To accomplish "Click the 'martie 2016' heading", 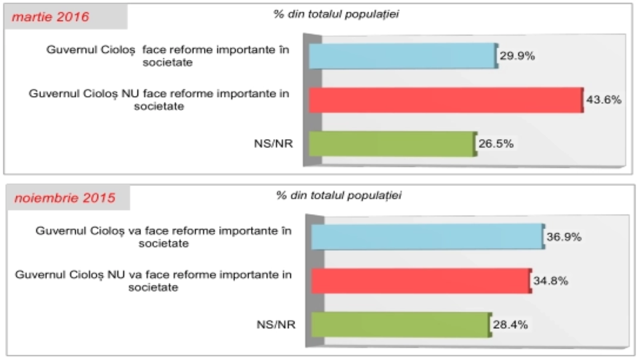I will pyautogui.click(x=50, y=17).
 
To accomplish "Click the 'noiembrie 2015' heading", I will pyautogui.click(x=65, y=198).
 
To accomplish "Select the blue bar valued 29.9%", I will pyautogui.click(x=402, y=56).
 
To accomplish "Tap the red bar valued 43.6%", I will pyautogui.click(x=446, y=100).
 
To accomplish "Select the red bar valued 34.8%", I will pyautogui.click(x=421, y=281).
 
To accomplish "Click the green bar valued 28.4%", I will pyautogui.click(x=401, y=324).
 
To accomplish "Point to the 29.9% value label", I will pyautogui.click(x=517, y=56).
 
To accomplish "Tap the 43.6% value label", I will pyautogui.click(x=604, y=100).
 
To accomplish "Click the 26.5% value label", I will pyautogui.click(x=496, y=144).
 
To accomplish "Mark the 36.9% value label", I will pyautogui.click(x=564, y=237).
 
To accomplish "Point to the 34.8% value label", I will pyautogui.click(x=550, y=281).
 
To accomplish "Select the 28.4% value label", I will pyautogui.click(x=510, y=324).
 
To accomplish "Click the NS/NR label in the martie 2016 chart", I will pyautogui.click(x=274, y=144).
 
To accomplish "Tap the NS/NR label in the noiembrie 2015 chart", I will pyautogui.click(x=276, y=324).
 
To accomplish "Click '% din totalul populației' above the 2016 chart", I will pyautogui.click(x=336, y=14).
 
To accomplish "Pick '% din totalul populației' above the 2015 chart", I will pyautogui.click(x=338, y=195).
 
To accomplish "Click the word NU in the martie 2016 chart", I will pyautogui.click(x=130, y=94).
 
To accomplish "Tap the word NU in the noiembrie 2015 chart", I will pyautogui.click(x=116, y=275).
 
